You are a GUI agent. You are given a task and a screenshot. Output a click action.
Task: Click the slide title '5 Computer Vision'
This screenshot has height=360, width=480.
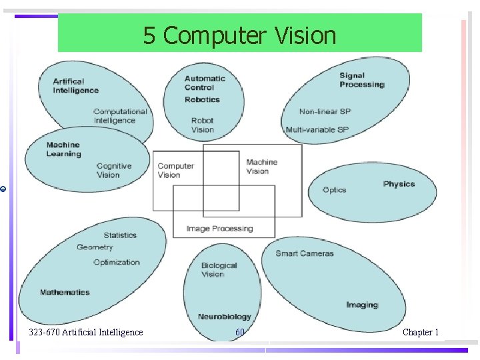point(239,35)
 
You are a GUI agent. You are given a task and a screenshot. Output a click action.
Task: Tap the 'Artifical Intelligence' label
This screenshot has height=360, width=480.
point(75,86)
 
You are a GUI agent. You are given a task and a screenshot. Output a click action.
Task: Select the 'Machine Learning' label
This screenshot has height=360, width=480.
point(63,149)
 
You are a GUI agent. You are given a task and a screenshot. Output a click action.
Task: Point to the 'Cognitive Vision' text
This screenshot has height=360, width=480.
point(113,171)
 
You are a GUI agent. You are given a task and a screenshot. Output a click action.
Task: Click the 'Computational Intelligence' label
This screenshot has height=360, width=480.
point(119,116)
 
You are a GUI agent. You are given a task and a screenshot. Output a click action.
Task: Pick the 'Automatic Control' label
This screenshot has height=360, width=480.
point(205,83)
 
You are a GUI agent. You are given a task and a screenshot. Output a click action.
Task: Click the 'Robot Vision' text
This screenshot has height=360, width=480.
point(202,125)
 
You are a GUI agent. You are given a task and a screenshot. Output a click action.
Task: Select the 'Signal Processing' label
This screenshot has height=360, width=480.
point(361,80)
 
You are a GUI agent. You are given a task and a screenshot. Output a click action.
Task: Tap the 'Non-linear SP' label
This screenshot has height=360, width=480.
point(325,111)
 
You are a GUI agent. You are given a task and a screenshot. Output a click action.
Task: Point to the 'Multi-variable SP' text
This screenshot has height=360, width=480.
point(317,129)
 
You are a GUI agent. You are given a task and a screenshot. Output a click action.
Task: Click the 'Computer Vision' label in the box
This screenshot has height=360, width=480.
point(175,171)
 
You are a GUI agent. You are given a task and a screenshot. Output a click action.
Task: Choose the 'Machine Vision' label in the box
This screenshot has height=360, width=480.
point(261,167)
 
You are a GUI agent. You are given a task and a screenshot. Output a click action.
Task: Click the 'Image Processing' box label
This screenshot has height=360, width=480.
point(219,229)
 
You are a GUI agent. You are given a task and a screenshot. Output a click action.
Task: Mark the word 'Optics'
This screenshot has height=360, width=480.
point(334,190)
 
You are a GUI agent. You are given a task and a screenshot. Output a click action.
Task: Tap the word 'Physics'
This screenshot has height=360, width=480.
point(399,184)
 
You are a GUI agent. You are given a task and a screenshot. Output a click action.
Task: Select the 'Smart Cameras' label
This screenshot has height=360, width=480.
point(304,253)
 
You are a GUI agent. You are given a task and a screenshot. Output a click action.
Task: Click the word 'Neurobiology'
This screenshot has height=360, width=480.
point(224,317)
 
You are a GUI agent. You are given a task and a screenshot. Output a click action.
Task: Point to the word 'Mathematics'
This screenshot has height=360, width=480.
point(65,292)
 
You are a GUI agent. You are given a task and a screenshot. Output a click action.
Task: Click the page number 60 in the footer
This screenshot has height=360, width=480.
point(239,332)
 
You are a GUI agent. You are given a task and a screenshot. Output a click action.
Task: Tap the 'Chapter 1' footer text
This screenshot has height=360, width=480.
point(420,332)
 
